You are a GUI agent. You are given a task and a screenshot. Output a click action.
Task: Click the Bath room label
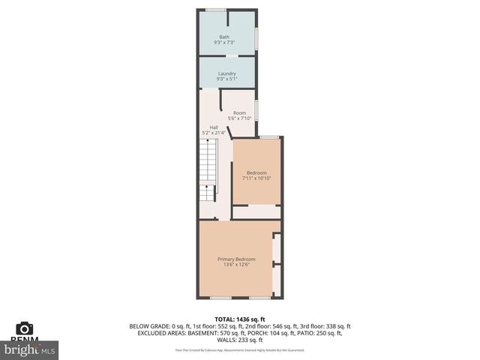coord(224,37)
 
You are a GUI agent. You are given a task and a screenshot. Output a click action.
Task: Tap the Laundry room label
coord(226,73)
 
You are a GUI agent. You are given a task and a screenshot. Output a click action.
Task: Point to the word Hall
coord(214,127)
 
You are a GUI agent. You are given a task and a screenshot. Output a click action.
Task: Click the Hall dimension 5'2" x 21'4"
coord(214,133)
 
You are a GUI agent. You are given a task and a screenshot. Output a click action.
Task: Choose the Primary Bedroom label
coord(236,259)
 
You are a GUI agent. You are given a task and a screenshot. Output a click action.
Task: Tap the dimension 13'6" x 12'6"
coord(236,264)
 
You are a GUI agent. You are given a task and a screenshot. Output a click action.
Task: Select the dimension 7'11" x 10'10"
coord(256,178)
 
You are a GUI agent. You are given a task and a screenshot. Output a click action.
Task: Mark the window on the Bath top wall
coord(216,10)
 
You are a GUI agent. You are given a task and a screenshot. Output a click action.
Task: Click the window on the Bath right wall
coord(256,37)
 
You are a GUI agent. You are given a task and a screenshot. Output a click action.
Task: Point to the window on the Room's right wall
coord(256,109)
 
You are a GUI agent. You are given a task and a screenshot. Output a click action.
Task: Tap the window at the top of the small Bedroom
coord(270,137)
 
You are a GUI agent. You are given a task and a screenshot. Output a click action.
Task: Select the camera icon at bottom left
coord(25,328)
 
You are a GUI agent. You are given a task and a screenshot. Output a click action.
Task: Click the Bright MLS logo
coord(30,349)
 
